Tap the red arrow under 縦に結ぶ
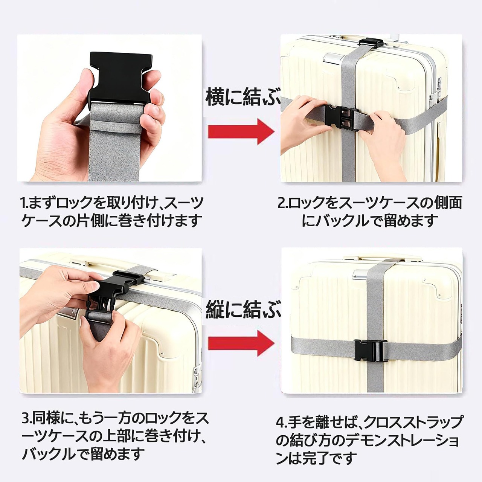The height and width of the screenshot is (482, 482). click(240, 343)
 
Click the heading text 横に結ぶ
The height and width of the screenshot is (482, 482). click(243, 97)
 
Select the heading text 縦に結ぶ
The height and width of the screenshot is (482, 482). click(243, 310)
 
